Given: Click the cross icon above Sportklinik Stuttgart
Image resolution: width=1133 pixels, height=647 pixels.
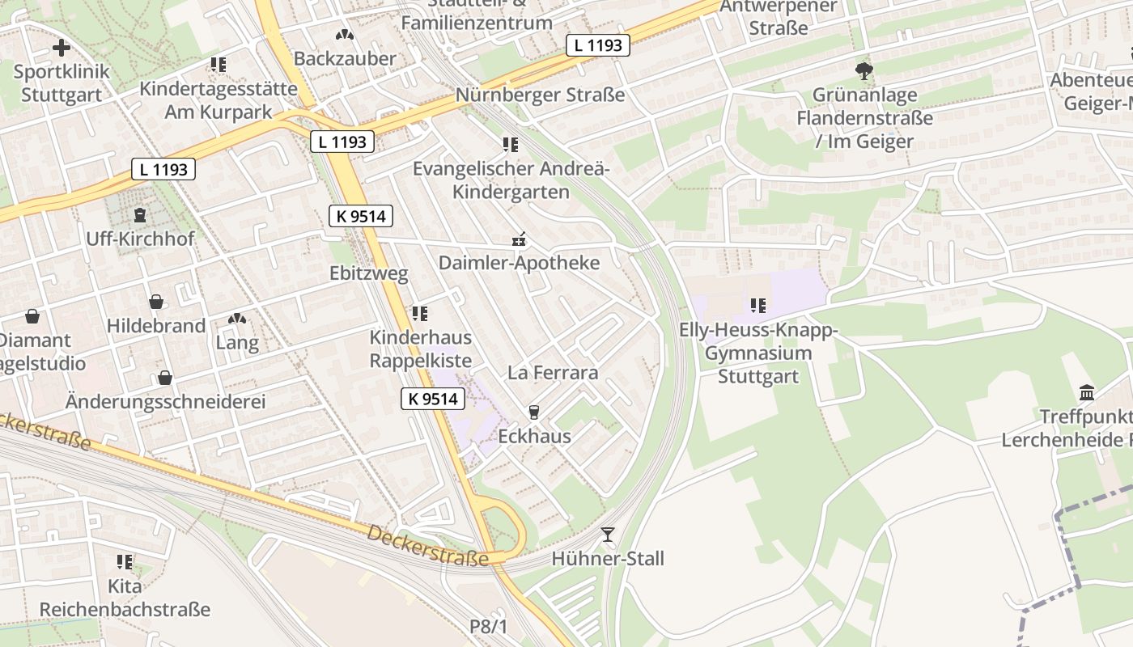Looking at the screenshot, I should coord(62,48).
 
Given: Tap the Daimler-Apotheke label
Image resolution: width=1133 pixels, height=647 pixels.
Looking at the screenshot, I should coord(519,263).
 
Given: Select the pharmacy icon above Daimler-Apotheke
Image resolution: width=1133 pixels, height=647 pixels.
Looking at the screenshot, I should coord(520,239).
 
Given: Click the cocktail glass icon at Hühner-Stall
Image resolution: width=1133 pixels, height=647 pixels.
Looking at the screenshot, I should coord(608,535).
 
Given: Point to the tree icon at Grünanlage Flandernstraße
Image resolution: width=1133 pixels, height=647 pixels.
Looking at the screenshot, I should coord(864,71).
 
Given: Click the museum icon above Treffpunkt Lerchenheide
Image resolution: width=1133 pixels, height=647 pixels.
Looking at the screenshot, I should coord(1087,393).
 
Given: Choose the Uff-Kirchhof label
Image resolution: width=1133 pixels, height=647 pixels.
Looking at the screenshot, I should coord(140,239).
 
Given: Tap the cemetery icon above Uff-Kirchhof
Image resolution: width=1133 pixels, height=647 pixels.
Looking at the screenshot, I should coord(140,215).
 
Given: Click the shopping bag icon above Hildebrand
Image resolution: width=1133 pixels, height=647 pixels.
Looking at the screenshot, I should coord(156,302).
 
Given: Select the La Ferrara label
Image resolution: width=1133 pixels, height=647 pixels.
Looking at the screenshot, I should coord(553,373).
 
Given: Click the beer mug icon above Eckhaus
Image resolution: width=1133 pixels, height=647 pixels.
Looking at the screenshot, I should coord(533,412).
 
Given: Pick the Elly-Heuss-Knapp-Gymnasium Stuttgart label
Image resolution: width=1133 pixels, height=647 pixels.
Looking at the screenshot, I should coord(758,353).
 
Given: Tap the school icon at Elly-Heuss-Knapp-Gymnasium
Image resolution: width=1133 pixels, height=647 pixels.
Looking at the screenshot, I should coord(757,306).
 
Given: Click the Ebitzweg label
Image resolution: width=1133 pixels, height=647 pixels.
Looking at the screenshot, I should coord(368,273).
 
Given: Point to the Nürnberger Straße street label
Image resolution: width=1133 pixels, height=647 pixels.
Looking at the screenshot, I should coord(540,95).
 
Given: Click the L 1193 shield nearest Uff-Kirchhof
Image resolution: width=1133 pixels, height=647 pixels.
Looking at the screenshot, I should coord(163,169).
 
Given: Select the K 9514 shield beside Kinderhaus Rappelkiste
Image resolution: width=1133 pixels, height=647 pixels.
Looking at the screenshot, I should coord(434,398).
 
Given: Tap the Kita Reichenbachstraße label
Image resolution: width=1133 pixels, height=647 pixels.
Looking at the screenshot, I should coord(125,598).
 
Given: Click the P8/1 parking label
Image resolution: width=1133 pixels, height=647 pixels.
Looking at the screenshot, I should coord(488,627).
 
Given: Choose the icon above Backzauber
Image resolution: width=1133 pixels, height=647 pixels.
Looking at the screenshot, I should coord(345,35).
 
